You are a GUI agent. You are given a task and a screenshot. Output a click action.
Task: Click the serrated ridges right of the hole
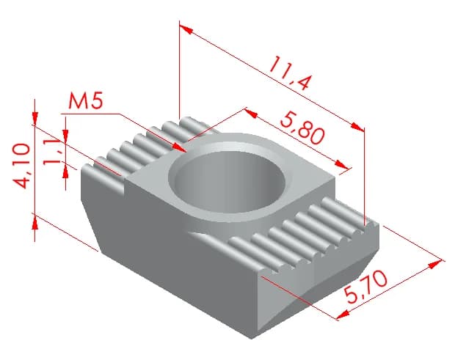[308, 235]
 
